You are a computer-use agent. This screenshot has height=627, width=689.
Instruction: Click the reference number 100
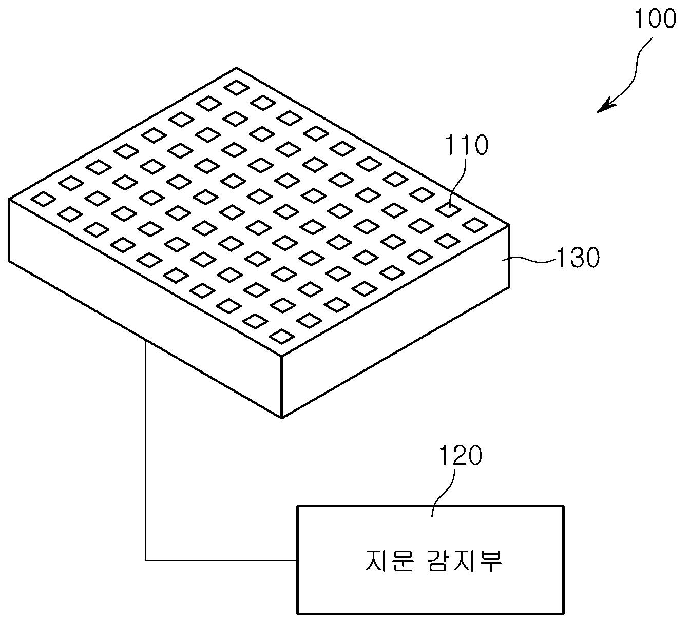tap(656, 19)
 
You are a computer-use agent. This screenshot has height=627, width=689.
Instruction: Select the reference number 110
tap(466, 145)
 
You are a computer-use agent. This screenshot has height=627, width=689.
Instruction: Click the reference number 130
tap(578, 258)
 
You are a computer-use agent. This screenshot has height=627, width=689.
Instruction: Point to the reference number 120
tap(460, 456)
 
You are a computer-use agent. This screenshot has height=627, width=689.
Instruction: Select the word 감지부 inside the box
tap(465, 560)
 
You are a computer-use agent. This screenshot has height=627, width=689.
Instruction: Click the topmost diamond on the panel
tap(237, 88)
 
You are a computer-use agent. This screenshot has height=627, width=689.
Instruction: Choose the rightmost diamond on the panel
tap(475, 225)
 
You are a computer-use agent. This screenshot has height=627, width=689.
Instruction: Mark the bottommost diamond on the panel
tap(281, 336)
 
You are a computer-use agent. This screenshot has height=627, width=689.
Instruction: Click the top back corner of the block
tap(237, 68)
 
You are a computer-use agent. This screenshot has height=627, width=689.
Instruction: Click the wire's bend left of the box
tap(146, 560)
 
